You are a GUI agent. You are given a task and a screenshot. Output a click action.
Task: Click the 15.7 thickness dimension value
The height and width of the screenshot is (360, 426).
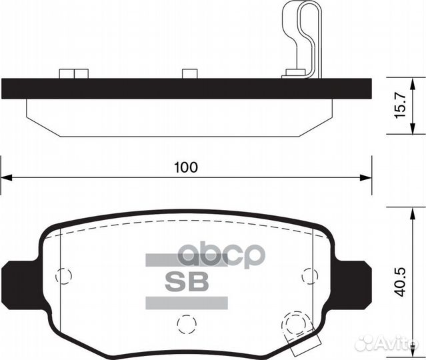[x=400, y=105]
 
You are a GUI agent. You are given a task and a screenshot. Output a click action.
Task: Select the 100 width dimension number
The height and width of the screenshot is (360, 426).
[x=186, y=167]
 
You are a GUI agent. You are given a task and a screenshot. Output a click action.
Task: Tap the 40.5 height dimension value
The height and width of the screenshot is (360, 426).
[x=400, y=280]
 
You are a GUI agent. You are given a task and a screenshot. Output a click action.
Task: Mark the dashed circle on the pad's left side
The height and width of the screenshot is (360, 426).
[x=63, y=274]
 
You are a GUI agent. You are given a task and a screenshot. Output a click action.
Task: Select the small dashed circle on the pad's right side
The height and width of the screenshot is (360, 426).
[x=309, y=274]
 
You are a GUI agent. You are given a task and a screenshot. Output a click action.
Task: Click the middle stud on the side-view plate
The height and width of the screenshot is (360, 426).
[x=189, y=74]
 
